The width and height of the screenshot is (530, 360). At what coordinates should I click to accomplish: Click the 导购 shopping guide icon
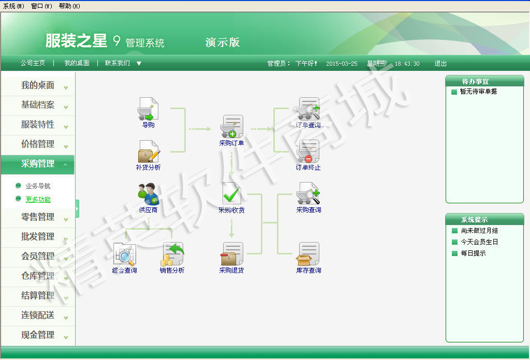point(148,109)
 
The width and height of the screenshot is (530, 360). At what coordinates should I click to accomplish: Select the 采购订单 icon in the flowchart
point(231,127)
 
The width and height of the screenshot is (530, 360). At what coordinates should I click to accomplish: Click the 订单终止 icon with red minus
point(308,152)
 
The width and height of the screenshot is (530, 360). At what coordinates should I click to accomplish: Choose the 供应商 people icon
point(148,194)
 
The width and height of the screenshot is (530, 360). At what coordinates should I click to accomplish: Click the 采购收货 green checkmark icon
point(231,193)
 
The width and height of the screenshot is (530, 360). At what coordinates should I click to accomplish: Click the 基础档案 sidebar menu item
point(38,105)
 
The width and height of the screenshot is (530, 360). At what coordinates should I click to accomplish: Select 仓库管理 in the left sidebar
point(38,276)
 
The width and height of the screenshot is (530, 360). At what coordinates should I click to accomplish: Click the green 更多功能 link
point(38,199)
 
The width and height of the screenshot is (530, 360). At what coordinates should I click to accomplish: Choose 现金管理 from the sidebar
point(38,335)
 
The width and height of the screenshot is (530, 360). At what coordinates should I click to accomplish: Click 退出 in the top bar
point(440,64)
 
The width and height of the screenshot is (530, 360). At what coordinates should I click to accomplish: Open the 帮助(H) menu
point(69,6)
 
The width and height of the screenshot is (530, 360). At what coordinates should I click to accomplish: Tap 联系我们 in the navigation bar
point(117,63)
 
